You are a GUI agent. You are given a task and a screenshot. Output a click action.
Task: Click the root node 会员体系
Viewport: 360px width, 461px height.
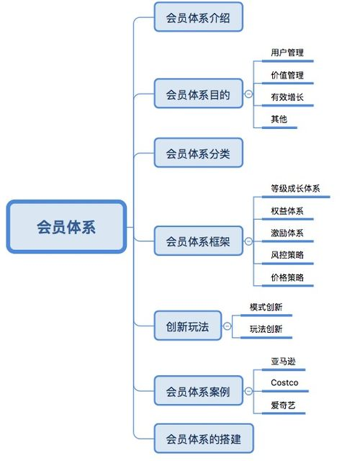pos(66,227)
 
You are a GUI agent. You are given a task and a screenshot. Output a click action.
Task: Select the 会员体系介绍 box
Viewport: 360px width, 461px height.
pos(198,17)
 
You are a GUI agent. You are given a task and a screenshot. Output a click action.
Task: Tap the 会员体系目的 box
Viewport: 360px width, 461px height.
pos(198,94)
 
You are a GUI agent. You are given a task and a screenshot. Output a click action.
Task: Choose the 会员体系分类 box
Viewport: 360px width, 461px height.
pos(198,153)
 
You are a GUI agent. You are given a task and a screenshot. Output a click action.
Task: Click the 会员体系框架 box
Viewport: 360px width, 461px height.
pos(198,241)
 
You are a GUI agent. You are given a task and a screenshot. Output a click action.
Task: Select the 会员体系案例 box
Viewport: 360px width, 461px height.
pos(198,391)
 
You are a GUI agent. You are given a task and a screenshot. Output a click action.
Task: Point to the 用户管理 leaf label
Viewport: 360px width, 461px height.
pos(287,53)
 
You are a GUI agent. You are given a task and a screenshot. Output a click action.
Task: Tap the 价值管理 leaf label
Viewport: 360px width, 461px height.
pos(287,75)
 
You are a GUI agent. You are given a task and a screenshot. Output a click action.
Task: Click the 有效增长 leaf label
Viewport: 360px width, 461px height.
pos(287,97)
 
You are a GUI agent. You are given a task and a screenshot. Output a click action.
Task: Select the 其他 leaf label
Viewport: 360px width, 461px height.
pos(278,119)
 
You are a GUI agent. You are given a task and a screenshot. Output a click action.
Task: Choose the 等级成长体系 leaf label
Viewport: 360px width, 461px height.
pos(295,189)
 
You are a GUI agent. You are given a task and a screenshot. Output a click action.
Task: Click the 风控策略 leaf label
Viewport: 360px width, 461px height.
pos(287,255)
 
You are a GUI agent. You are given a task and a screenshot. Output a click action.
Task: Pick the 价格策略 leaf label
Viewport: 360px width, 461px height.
pos(287,277)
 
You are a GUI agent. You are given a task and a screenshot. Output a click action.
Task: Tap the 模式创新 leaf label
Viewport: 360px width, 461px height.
pos(266,307)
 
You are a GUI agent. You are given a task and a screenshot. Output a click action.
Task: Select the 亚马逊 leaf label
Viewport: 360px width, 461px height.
pos(283,360)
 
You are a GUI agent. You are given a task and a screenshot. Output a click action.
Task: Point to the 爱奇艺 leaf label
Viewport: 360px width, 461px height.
pos(283,405)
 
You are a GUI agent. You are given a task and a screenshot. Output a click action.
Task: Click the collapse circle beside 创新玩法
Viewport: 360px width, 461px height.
pos(228,326)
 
